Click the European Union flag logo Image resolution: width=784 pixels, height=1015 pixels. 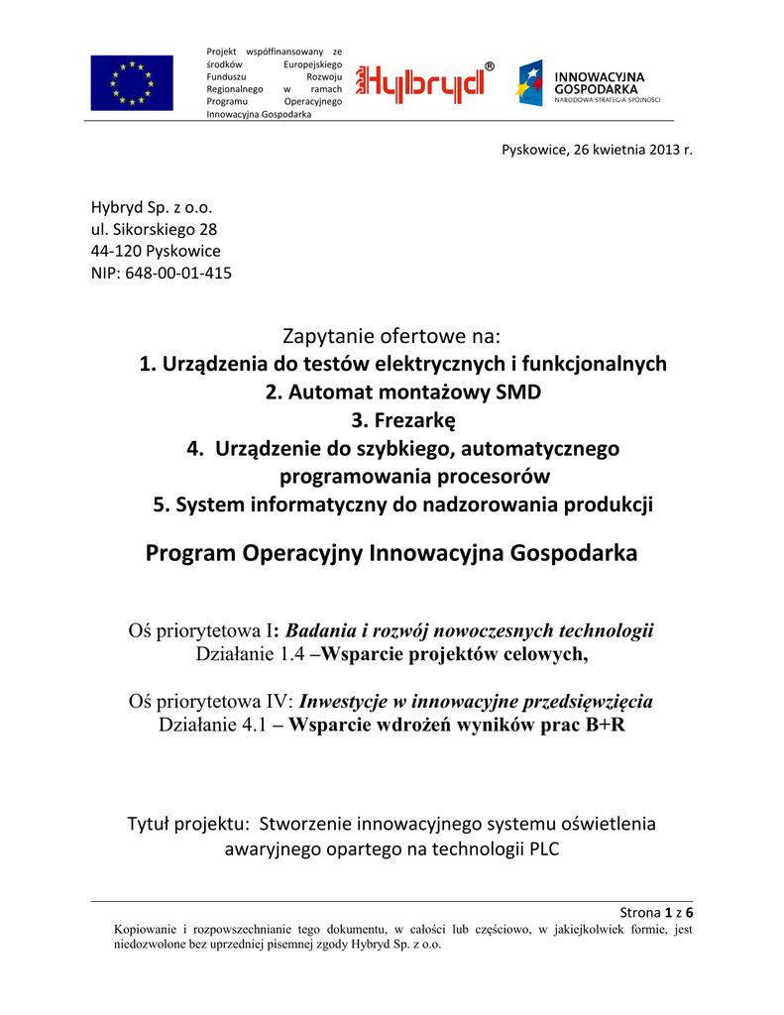[131, 83]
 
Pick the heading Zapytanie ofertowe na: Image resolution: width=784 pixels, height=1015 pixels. [392, 337]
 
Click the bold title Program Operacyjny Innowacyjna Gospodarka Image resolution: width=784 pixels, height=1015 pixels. [392, 553]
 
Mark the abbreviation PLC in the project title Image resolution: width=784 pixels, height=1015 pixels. [539, 848]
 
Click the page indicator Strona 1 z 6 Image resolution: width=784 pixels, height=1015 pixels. [655, 912]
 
